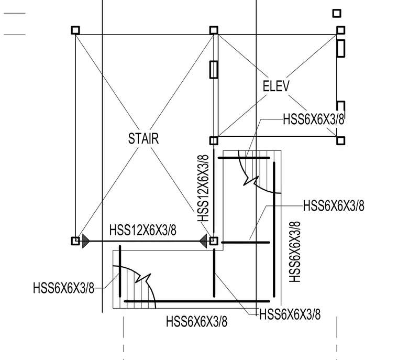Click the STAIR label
pyautogui.click(x=143, y=139)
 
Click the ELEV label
pyautogui.click(x=276, y=86)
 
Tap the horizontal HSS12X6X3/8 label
pyautogui.click(x=142, y=230)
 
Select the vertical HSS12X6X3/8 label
pyautogui.click(x=203, y=188)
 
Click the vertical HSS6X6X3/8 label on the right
pyautogui.click(x=295, y=252)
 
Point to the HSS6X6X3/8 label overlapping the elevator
pyautogui.click(x=314, y=119)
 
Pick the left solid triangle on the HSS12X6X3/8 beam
pyautogui.click(x=86, y=241)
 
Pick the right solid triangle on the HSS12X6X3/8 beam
pyautogui.click(x=203, y=241)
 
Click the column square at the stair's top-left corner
pyautogui.click(x=75, y=30)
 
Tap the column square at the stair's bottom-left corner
pyautogui.click(x=75, y=241)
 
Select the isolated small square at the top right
pyautogui.click(x=337, y=13)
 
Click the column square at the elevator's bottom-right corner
pyautogui.click(x=340, y=140)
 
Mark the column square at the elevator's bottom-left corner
pyautogui.click(x=214, y=140)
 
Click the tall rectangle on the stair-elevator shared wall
pyautogui.click(x=214, y=69)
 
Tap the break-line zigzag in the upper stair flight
pyautogui.click(x=251, y=180)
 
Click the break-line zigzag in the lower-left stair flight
pyautogui.click(x=143, y=278)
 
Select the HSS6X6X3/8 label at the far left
pyautogui.click(x=63, y=288)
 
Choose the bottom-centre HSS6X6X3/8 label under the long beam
pyautogui.click(x=197, y=321)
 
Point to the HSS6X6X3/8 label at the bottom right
pyautogui.click(x=290, y=314)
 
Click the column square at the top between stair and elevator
pyautogui.click(x=214, y=30)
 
